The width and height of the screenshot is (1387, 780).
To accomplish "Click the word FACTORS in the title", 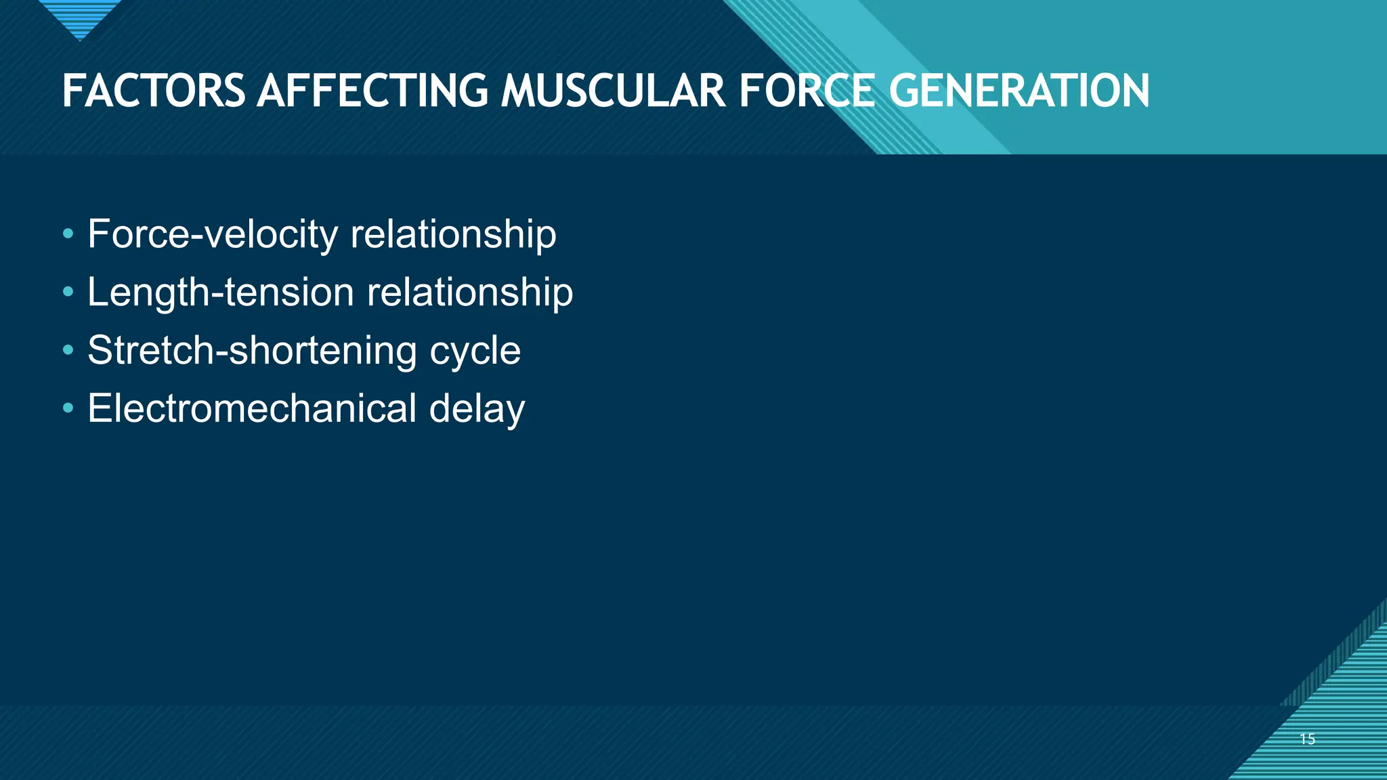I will point(153,91).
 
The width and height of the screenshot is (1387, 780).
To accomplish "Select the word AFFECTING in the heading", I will point(372,91).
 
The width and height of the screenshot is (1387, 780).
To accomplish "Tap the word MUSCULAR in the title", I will point(613,91).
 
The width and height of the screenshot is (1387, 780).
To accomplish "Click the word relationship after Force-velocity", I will point(453,234).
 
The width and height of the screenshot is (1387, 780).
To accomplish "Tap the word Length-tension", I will point(221,292).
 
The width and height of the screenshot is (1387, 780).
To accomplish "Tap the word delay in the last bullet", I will point(477,408).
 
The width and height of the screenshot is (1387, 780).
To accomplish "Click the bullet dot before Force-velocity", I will point(68,235).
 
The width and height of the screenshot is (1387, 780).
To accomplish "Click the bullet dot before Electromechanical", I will point(68,409).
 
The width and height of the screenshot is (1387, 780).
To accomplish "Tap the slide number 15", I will point(1307,739).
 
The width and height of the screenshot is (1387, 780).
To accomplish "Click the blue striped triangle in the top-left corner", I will point(80,17).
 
